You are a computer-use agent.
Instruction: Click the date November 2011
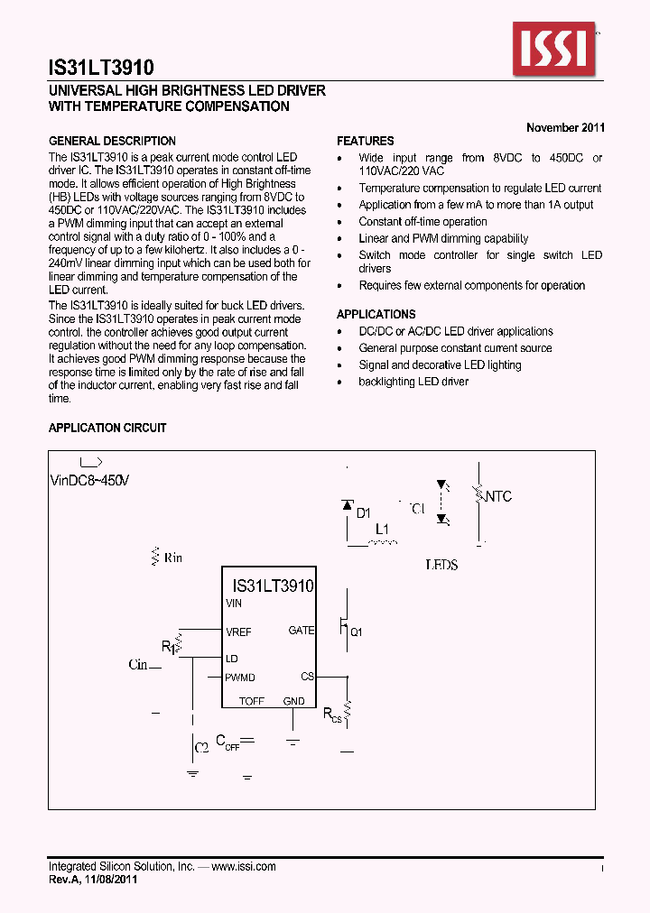(565, 127)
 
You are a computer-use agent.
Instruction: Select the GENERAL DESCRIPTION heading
(112, 141)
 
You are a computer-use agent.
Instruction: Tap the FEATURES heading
(366, 141)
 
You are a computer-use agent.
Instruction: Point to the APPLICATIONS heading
(376, 314)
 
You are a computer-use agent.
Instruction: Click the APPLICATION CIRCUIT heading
(107, 428)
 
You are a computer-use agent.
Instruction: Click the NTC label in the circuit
(497, 496)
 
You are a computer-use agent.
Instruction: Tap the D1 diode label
(363, 512)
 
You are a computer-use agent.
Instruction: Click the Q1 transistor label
(356, 632)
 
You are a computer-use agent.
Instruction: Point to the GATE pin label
(301, 631)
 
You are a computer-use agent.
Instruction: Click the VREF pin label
(239, 632)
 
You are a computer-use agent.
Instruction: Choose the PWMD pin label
(240, 678)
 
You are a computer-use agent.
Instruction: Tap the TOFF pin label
(252, 701)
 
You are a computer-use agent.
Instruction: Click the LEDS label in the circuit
(441, 565)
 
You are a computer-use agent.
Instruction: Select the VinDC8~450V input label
(89, 481)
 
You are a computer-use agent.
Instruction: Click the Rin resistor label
(172, 558)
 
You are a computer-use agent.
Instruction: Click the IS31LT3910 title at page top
(101, 68)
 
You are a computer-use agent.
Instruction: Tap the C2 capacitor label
(202, 747)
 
